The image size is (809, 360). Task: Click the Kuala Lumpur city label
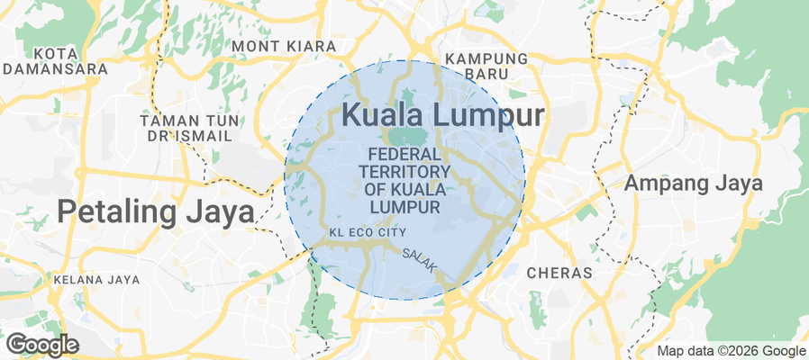pyautogui.click(x=443, y=115)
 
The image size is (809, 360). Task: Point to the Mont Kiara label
pyautogui.click(x=284, y=45)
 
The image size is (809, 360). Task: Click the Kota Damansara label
pyautogui.click(x=55, y=59)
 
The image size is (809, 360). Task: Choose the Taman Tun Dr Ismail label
pyautogui.click(x=186, y=128)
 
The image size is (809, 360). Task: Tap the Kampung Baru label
pyautogui.click(x=486, y=67)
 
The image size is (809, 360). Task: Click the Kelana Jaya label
pyautogui.click(x=96, y=280)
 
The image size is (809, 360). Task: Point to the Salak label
pyautogui.click(x=420, y=260)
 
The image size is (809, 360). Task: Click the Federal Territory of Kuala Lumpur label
pyautogui.click(x=404, y=180)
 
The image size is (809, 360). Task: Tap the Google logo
pyautogui.click(x=42, y=345)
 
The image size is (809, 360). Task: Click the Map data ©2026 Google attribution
pyautogui.click(x=731, y=351)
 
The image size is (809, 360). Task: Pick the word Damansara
pyautogui.click(x=55, y=67)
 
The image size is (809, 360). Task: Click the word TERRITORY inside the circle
pyautogui.click(x=404, y=171)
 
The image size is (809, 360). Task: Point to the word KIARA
pyautogui.click(x=312, y=45)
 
